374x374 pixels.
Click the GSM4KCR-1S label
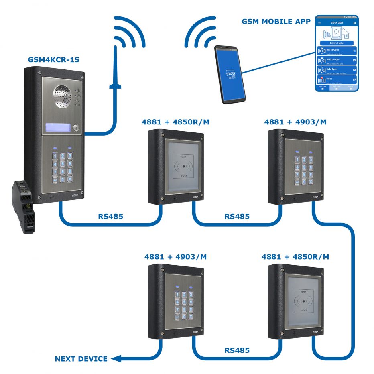coord(53,60)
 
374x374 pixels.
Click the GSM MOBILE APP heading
coord(276,22)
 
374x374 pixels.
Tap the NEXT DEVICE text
coord(81,359)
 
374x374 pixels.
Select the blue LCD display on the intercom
coord(58,128)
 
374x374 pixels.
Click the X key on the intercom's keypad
coord(70,179)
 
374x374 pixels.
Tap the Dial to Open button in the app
coord(336,51)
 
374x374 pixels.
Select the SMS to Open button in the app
coord(336,60)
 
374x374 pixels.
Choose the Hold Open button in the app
coord(336,70)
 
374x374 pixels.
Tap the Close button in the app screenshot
coord(336,80)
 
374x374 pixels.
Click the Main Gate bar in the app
coord(336,43)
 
